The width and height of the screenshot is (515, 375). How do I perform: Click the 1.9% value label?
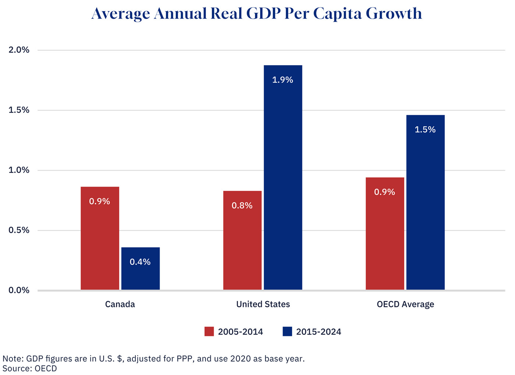[x=283, y=80]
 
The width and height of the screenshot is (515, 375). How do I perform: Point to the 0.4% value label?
[x=140, y=262]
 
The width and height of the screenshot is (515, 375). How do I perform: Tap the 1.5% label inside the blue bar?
[x=425, y=130]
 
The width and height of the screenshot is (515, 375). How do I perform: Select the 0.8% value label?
[x=242, y=206]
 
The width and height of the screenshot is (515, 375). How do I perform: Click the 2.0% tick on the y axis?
[x=19, y=50]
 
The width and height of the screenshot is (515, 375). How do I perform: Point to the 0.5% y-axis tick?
[x=19, y=230]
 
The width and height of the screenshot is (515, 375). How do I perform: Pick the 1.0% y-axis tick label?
[x=19, y=170]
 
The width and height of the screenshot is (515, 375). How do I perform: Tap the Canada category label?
[x=120, y=304]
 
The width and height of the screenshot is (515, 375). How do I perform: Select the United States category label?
[x=263, y=304]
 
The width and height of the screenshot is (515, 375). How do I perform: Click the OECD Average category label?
[x=405, y=304]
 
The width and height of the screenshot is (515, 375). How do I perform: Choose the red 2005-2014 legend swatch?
[x=209, y=332]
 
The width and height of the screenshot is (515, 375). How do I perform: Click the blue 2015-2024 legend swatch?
[x=287, y=332]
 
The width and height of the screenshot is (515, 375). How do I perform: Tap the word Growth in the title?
[x=394, y=14]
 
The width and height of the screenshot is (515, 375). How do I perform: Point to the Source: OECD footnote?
[x=30, y=368]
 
